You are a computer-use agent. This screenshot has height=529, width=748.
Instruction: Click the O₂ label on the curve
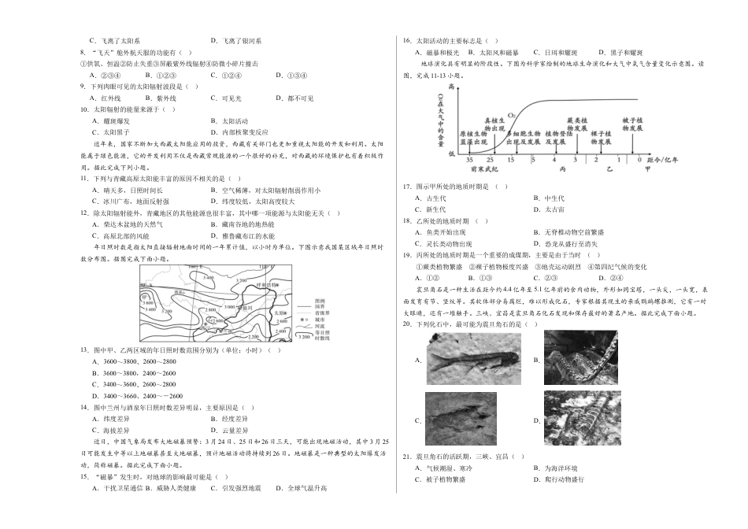[512, 115]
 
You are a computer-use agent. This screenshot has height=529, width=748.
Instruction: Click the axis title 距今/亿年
[668, 160]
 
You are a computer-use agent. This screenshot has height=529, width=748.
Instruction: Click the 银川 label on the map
[248, 307]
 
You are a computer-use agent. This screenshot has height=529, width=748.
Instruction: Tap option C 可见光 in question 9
[226, 98]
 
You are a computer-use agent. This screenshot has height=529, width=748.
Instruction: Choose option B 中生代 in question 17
[549, 198]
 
